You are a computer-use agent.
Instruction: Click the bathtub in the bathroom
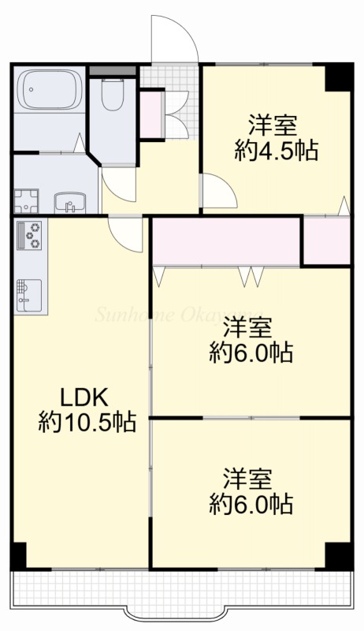point(50,89)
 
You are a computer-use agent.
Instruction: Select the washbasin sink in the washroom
point(70,202)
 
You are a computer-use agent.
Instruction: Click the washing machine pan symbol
point(27,201)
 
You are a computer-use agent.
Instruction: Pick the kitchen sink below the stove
point(29,296)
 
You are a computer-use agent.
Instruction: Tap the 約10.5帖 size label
point(87,422)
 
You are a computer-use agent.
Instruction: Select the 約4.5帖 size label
point(276,151)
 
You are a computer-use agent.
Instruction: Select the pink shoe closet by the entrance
point(151,114)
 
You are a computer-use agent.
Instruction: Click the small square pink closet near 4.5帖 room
point(326,241)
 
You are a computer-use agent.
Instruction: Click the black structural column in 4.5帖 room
point(339,77)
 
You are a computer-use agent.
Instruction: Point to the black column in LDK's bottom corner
point(18,556)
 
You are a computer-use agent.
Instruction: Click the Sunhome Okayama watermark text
point(179,315)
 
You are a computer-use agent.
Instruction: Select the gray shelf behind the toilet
point(113,71)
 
